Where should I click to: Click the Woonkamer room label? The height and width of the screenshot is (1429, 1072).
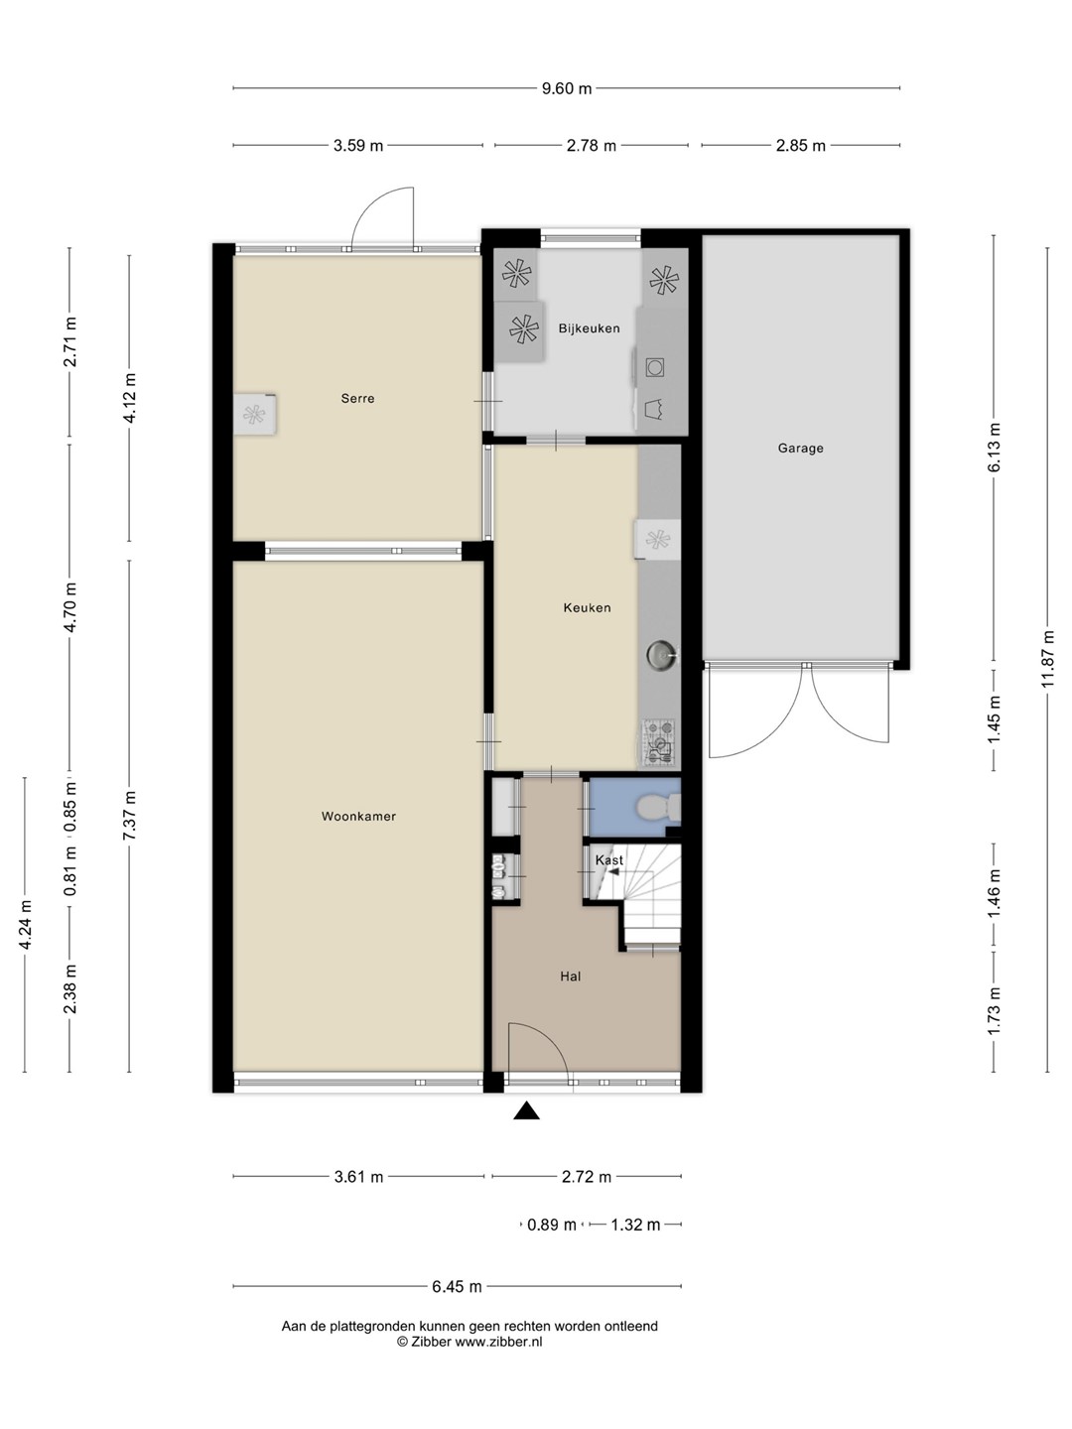pyautogui.click(x=358, y=817)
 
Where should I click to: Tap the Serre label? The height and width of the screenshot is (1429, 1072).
pyautogui.click(x=357, y=398)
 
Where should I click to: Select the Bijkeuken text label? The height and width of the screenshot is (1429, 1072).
pyautogui.click(x=589, y=328)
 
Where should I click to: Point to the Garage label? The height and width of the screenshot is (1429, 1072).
pyautogui.click(x=800, y=448)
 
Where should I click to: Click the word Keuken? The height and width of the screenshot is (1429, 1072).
pyautogui.click(x=587, y=607)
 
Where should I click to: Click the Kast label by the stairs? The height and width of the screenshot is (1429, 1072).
pyautogui.click(x=609, y=860)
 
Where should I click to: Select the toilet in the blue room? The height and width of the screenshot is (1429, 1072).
pyautogui.click(x=658, y=809)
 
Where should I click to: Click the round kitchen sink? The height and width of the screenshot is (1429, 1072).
pyautogui.click(x=662, y=654)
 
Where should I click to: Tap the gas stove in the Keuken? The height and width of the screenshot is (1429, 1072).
pyautogui.click(x=659, y=742)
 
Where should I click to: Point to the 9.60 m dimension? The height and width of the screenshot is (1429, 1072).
pyautogui.click(x=566, y=88)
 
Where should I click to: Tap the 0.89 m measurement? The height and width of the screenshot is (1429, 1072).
pyautogui.click(x=551, y=1225)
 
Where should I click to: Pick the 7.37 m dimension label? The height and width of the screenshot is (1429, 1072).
pyautogui.click(x=129, y=815)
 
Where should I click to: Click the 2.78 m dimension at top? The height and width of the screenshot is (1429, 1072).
pyautogui.click(x=591, y=146)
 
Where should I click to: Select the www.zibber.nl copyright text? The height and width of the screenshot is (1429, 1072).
pyautogui.click(x=498, y=1342)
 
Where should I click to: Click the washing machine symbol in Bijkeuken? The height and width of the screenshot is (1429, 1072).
pyautogui.click(x=655, y=368)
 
